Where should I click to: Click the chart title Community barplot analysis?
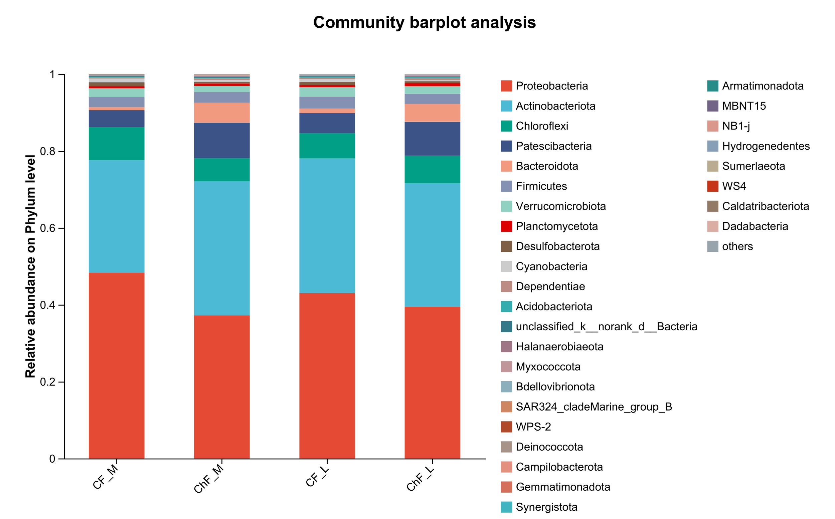coord(424,22)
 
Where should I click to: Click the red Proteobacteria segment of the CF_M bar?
coord(117,365)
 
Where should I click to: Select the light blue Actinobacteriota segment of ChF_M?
coord(222,248)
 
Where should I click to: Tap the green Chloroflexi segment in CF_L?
coord(327,145)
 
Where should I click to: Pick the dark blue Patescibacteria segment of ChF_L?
coord(432,139)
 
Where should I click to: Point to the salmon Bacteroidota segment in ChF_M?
coord(222,113)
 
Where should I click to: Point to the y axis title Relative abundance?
coord(30,267)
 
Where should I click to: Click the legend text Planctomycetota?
coord(556,226)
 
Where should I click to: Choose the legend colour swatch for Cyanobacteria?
coord(506,267)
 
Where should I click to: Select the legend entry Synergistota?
coord(546,507)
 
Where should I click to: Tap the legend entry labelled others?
coord(737,246)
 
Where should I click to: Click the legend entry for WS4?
coord(734,186)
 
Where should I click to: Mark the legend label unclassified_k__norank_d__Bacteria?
coord(606,327)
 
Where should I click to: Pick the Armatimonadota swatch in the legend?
coord(712,86)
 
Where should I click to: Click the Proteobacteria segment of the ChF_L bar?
coord(432,382)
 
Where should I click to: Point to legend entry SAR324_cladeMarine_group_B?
coord(594,407)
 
